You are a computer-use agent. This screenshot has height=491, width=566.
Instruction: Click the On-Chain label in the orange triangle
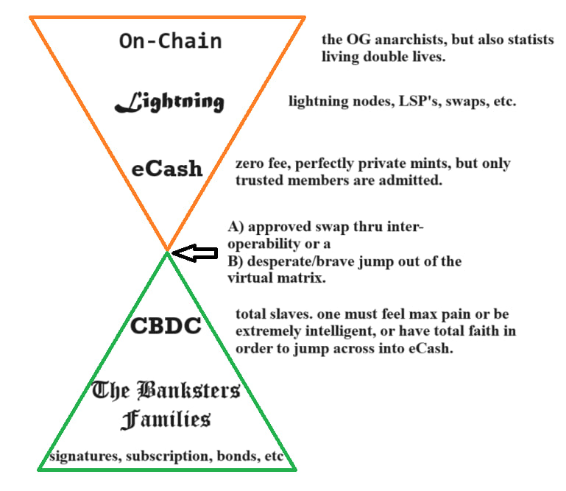click(170, 40)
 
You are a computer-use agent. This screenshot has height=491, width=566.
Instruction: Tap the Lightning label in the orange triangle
click(169, 102)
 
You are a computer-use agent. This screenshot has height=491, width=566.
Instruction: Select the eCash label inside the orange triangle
click(167, 169)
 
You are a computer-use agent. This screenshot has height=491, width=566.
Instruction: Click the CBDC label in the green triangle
click(166, 325)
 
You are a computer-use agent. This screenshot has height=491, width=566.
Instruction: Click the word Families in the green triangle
click(166, 420)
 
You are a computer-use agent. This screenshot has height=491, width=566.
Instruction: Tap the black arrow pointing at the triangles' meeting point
click(195, 254)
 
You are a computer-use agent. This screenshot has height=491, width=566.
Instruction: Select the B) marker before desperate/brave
click(236, 261)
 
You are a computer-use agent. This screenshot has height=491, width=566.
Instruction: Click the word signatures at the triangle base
click(82, 456)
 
